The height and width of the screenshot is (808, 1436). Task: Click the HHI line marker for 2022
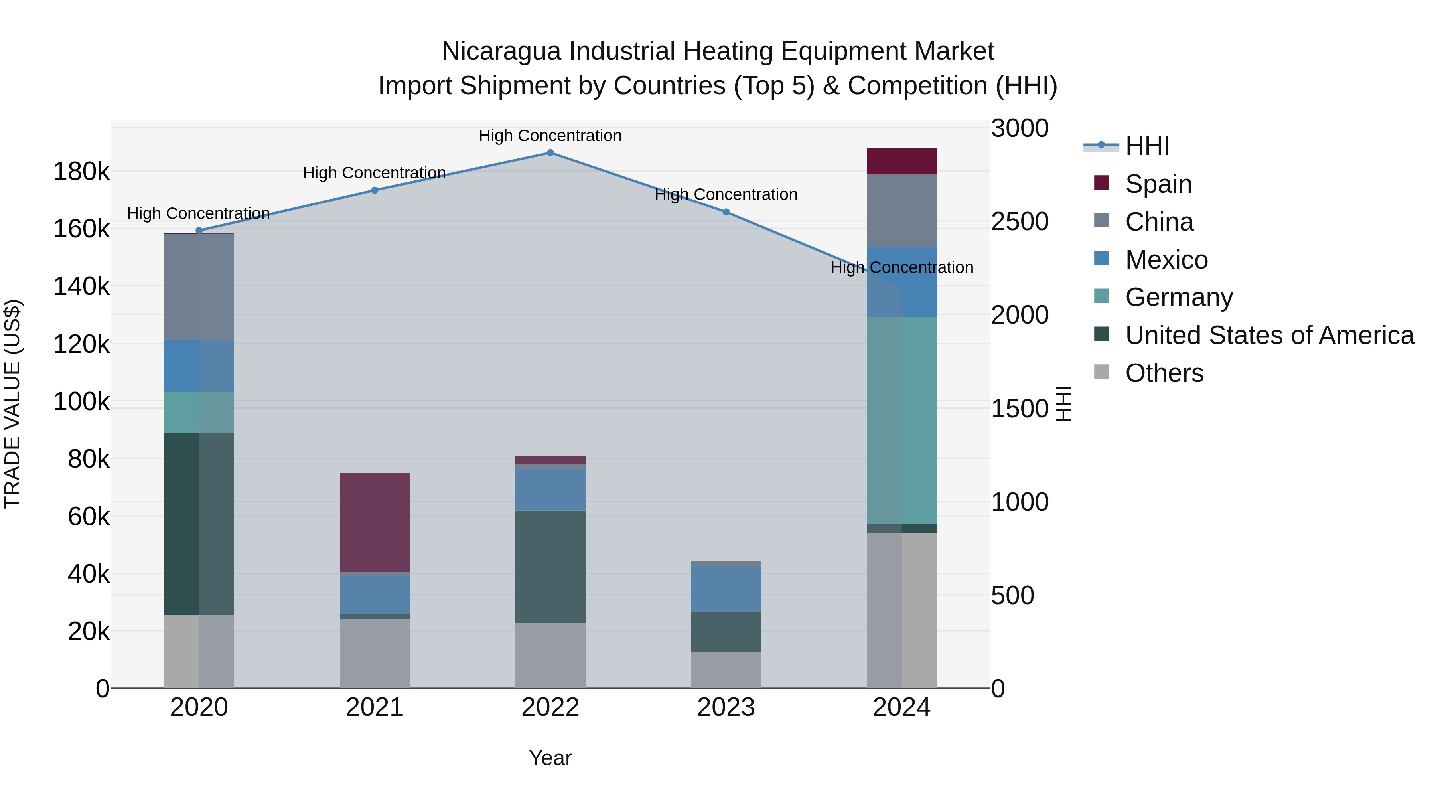coord(550,153)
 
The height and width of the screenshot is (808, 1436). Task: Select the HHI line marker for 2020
coord(199,230)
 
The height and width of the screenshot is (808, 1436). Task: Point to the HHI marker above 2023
coord(726,212)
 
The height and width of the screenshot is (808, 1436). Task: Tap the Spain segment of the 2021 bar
coord(375,522)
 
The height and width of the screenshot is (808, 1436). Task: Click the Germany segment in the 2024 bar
coord(901,421)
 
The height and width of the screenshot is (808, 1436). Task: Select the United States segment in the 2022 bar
coord(550,567)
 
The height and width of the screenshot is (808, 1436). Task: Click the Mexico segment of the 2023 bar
coord(726,589)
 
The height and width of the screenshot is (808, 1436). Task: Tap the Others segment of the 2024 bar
coord(901,610)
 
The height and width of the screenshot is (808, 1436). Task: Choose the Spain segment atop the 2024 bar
coord(901,161)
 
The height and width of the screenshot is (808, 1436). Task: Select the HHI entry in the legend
coord(1147,146)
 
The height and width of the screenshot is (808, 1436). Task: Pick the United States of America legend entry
coord(1269,335)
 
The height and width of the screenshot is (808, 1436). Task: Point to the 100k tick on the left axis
coord(81,401)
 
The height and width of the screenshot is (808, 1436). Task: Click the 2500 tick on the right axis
coord(1020,221)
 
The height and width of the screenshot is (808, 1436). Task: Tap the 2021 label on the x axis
coord(375,707)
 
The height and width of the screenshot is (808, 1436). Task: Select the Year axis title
coord(550,758)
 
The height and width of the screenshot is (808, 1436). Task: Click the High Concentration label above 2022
coord(550,136)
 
